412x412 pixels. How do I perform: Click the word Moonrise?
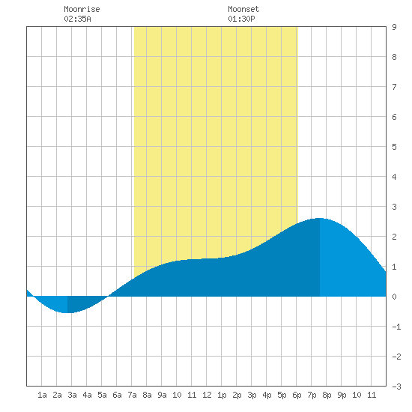[x=82, y=9]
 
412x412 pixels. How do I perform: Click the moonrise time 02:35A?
[x=77, y=19]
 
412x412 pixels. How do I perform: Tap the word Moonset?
[x=243, y=9]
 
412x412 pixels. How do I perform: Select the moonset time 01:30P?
[x=241, y=19]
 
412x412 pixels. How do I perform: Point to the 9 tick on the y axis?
[x=394, y=27]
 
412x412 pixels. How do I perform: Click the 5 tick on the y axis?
[x=394, y=147]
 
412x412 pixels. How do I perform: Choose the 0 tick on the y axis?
[x=394, y=297]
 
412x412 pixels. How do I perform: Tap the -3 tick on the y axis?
[x=396, y=387]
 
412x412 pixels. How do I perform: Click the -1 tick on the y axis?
[x=396, y=327]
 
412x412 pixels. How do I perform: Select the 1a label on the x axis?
[x=42, y=395]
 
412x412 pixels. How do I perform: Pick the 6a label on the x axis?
[x=117, y=395]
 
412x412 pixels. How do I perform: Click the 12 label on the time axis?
[x=207, y=395]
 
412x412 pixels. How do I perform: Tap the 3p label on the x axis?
[x=252, y=395]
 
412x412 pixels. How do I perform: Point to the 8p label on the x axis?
[x=327, y=395]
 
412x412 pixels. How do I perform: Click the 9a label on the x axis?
[x=162, y=395]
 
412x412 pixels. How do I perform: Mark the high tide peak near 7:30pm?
[x=320, y=218]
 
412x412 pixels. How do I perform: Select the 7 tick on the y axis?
[x=394, y=87]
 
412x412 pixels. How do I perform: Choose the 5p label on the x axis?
[x=282, y=395]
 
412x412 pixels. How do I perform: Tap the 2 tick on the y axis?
[x=394, y=237]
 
